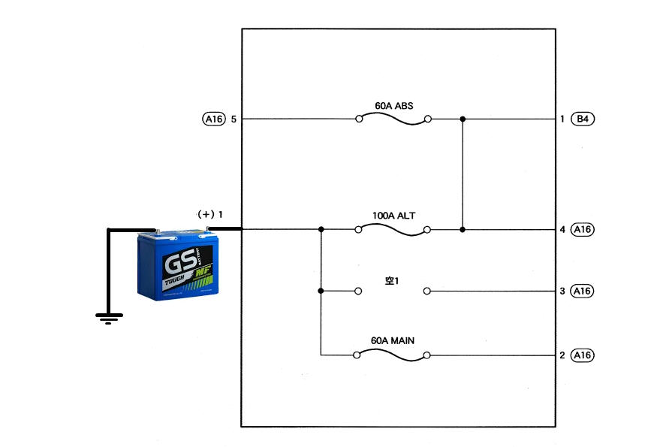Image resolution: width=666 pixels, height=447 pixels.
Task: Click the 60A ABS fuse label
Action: tap(393, 105)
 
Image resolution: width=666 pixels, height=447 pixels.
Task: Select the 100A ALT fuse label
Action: tap(393, 216)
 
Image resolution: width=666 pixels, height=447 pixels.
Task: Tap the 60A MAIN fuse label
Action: tap(393, 340)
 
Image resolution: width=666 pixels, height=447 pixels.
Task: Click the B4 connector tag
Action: tap(583, 119)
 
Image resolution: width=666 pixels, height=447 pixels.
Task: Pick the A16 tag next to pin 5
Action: tap(214, 119)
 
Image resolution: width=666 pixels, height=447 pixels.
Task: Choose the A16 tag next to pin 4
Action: tap(583, 229)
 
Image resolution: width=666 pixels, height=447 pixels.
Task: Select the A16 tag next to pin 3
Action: tap(583, 291)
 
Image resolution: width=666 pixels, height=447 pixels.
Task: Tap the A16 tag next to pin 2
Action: tap(583, 355)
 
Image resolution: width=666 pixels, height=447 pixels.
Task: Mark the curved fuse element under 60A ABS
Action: tap(393, 119)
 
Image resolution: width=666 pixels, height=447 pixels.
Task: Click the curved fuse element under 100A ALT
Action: tap(393, 230)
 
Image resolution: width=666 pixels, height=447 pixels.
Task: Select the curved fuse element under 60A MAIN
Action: tap(393, 355)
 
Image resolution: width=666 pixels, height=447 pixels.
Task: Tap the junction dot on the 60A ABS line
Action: tap(463, 119)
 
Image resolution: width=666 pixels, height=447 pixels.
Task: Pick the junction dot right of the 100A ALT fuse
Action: tap(463, 229)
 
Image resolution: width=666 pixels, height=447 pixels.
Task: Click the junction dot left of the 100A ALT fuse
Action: tap(321, 229)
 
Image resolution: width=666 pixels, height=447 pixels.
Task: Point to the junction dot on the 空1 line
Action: tap(321, 291)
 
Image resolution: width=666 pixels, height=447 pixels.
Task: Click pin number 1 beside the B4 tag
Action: tap(562, 119)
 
